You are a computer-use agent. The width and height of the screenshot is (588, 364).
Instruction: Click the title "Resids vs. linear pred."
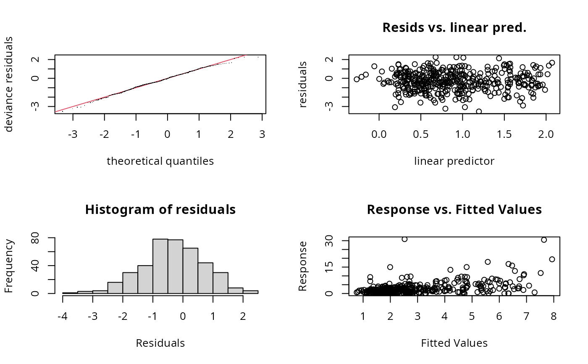pos(454,28)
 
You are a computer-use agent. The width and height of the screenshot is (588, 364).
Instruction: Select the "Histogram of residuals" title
pos(160,209)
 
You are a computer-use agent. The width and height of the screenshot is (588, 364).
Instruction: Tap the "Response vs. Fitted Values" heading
pos(454,209)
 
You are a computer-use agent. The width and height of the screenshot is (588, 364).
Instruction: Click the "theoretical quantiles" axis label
pos(160,161)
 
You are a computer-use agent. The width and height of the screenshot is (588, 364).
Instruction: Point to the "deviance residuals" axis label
pos(9,84)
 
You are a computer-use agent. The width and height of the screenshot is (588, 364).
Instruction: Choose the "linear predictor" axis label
pos(454,161)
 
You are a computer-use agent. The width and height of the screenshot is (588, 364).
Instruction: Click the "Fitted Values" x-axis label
pos(454,343)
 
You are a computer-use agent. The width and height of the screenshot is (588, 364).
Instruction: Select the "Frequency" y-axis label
pos(9,266)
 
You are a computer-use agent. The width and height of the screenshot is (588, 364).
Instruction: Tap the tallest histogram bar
pos(160,266)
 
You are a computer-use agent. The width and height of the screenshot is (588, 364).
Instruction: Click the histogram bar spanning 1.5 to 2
pos(235,290)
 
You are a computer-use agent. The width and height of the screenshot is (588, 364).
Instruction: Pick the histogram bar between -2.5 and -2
pos(115,288)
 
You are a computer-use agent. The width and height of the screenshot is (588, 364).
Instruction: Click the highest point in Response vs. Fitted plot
pos(404,239)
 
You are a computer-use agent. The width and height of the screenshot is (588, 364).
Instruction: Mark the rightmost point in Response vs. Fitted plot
pos(552,259)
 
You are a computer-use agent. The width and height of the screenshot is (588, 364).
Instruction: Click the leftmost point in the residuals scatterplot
pos(357,79)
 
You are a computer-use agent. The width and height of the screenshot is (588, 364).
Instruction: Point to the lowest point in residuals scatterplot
pos(478,111)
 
